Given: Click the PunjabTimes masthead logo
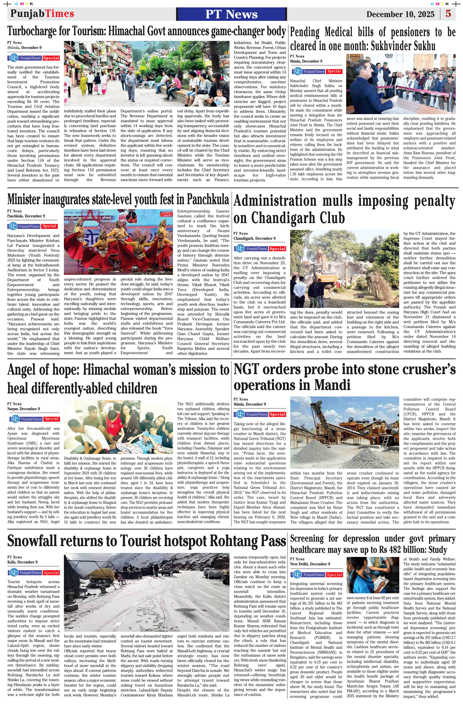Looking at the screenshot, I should (42, 14).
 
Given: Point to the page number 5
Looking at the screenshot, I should (448, 14).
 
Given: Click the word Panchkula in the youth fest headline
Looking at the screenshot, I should (208, 199).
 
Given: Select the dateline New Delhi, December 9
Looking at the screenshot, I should (310, 564).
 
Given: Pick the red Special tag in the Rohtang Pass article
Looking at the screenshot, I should (51, 572).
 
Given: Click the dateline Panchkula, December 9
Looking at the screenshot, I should (26, 216).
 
